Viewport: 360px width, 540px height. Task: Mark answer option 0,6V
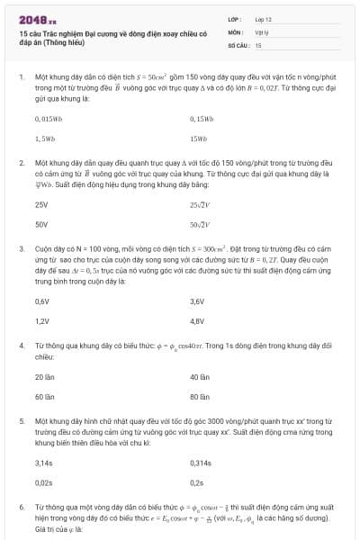coord(41,301)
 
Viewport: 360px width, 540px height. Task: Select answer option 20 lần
coord(44,377)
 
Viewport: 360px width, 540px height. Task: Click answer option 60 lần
coord(44,397)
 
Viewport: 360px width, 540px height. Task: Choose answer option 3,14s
coord(44,463)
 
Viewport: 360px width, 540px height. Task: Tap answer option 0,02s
coord(43,483)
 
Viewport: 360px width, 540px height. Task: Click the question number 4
coord(21,346)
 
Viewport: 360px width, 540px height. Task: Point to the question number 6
coord(21,508)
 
